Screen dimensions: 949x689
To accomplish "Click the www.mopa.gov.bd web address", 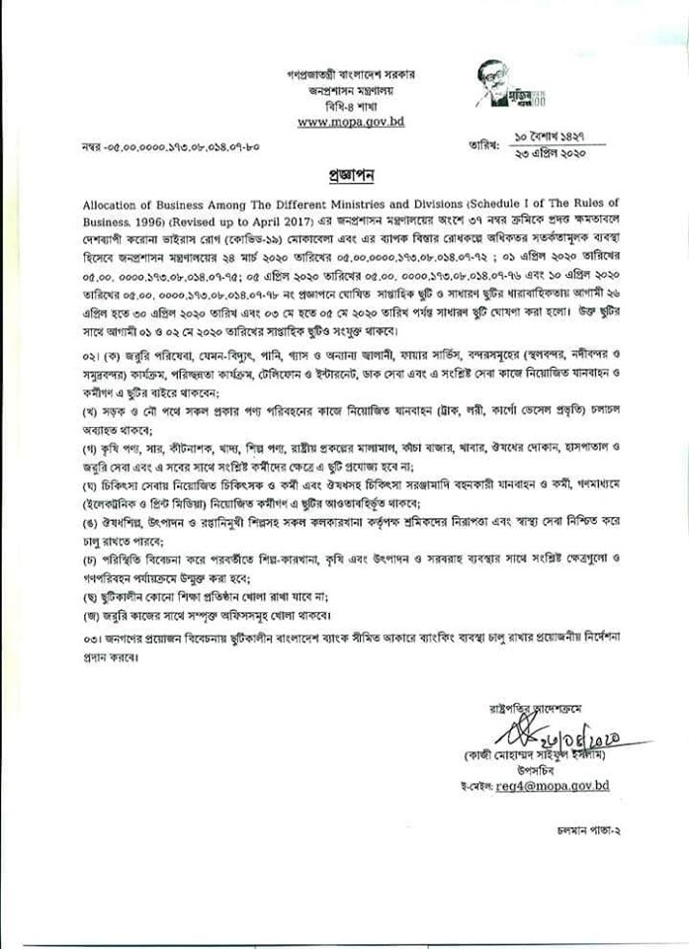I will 350,122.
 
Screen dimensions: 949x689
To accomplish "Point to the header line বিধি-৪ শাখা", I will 350,105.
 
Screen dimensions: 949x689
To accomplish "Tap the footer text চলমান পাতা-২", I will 589,832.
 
